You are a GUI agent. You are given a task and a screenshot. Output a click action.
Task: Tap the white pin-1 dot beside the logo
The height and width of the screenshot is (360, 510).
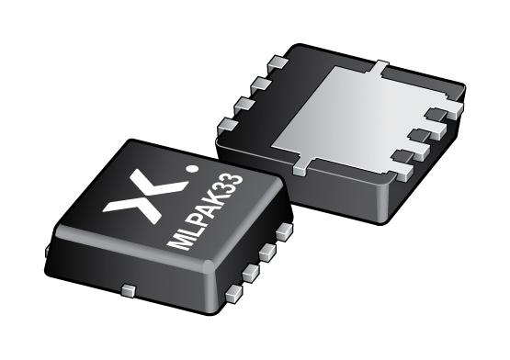point(190,168)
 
